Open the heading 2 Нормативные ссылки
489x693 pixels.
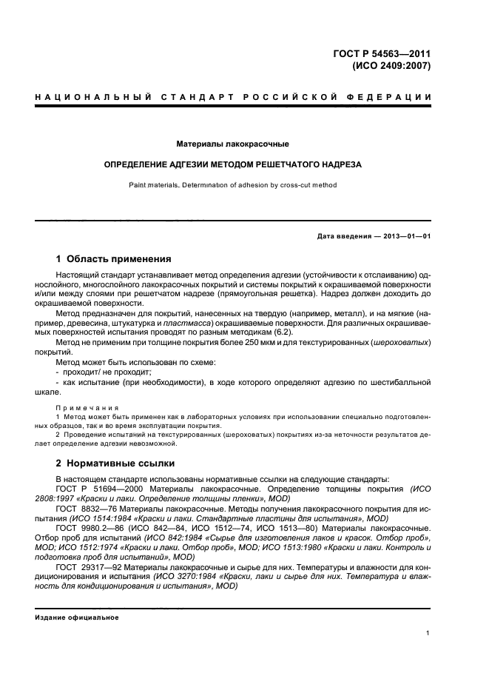(x=115, y=463)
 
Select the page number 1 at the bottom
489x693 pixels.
(x=428, y=634)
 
